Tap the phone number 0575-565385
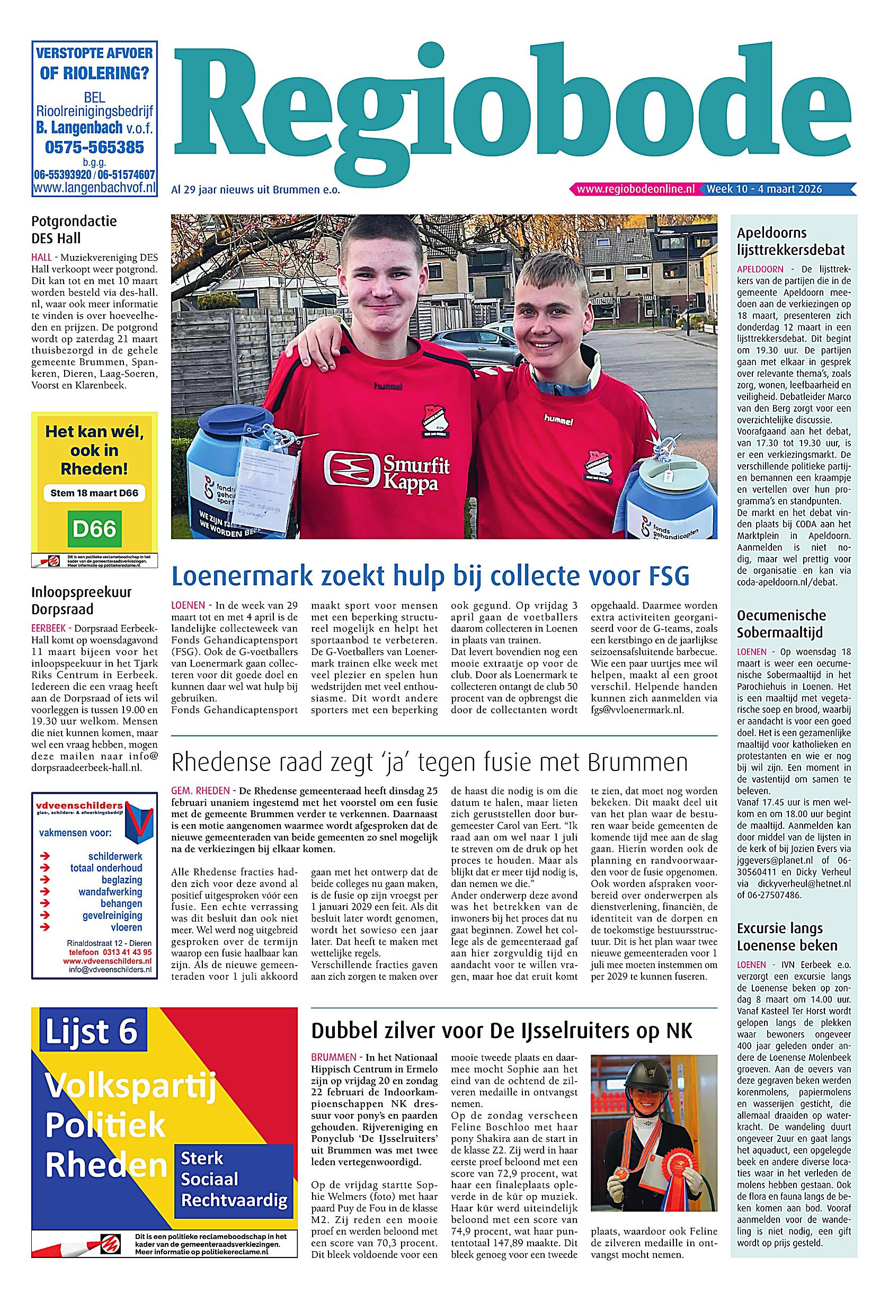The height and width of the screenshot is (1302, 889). click(x=94, y=147)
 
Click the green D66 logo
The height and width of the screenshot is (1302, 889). click(x=94, y=528)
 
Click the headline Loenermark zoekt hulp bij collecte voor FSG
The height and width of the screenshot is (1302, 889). click(x=430, y=575)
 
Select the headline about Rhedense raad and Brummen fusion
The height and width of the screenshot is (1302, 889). click(x=429, y=762)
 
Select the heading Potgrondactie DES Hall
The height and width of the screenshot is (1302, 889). click(x=74, y=229)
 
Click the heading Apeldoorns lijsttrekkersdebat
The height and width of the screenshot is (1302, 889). click(x=790, y=242)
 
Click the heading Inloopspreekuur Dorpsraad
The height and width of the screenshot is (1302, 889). click(x=81, y=600)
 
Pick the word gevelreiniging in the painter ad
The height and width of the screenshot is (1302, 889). click(x=112, y=916)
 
